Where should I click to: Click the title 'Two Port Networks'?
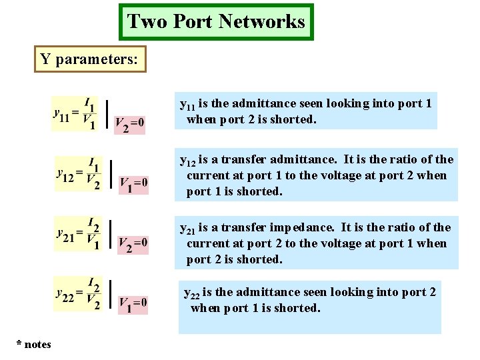coord(216,22)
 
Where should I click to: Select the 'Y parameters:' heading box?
coord(90,59)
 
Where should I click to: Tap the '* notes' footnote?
coord(34,344)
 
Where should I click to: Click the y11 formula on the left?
coord(75,113)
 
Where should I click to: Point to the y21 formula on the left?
coord(79,234)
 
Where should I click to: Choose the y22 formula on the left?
coord(79,295)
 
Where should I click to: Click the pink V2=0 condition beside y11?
coord(129,124)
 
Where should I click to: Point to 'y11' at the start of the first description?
coord(188,105)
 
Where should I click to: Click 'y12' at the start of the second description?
coord(188,161)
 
